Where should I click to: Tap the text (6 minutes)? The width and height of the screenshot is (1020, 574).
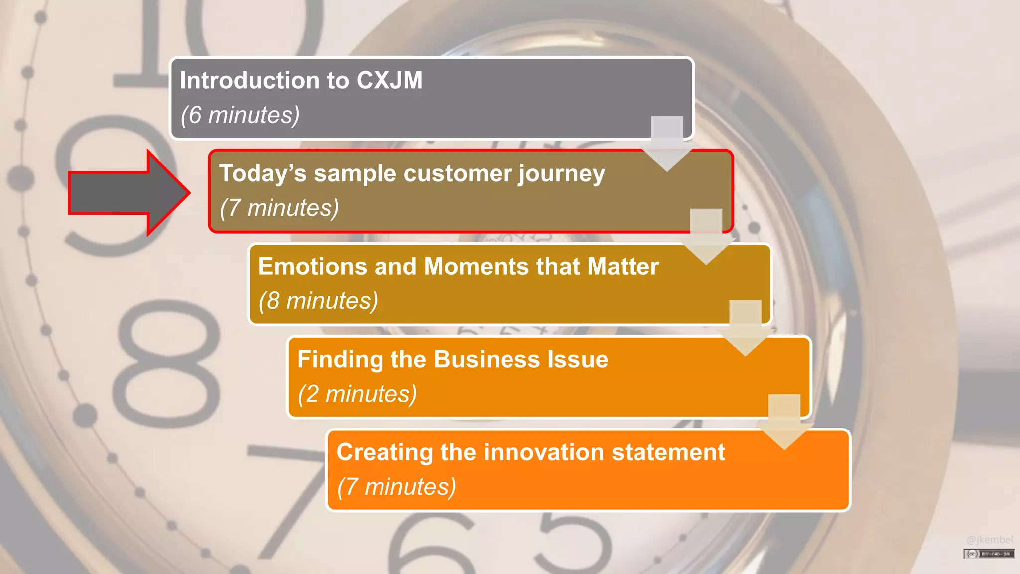pyautogui.click(x=240, y=115)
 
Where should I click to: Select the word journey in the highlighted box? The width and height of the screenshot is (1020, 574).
pyautogui.click(x=561, y=174)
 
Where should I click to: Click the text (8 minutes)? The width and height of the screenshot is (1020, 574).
pyautogui.click(x=318, y=301)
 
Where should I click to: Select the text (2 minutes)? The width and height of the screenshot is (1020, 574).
pyautogui.click(x=357, y=394)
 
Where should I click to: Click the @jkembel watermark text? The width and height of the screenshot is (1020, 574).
pyautogui.click(x=989, y=540)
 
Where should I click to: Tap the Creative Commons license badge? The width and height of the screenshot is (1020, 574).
pyautogui.click(x=989, y=554)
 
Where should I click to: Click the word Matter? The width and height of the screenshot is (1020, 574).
pyautogui.click(x=623, y=266)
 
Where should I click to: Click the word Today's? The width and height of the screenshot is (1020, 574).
pyautogui.click(x=262, y=173)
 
